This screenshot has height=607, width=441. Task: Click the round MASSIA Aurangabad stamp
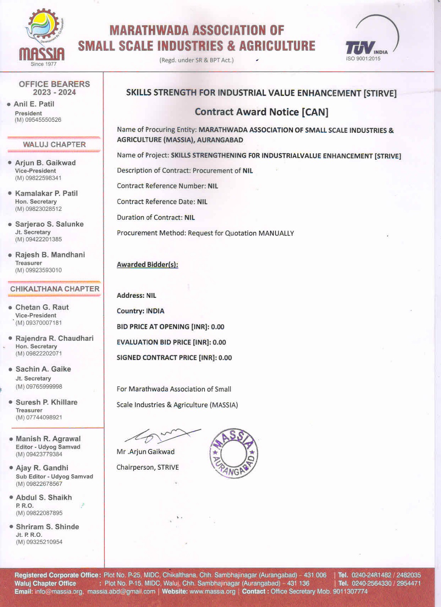click(x=234, y=453)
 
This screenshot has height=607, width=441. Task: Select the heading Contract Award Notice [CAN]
click(x=261, y=112)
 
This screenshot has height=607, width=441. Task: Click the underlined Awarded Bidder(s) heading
click(x=147, y=264)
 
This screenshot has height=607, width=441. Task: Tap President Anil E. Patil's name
click(x=34, y=104)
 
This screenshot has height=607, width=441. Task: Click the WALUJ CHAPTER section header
click(x=54, y=145)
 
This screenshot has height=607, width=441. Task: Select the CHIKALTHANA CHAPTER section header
click(x=55, y=289)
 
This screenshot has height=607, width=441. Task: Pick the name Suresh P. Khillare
click(x=46, y=402)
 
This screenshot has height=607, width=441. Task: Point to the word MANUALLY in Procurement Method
click(x=276, y=233)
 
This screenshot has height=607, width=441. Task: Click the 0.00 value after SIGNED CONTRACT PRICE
click(x=225, y=358)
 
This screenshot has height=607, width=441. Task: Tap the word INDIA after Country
click(x=155, y=311)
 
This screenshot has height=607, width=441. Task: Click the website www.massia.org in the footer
click(x=213, y=591)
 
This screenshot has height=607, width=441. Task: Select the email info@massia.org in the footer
click(x=59, y=591)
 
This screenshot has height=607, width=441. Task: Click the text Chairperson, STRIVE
click(x=148, y=467)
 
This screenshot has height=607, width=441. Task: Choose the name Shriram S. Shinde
click(x=47, y=527)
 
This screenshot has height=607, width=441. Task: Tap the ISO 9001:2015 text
click(x=363, y=59)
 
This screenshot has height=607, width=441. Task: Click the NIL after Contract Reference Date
click(x=202, y=202)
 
